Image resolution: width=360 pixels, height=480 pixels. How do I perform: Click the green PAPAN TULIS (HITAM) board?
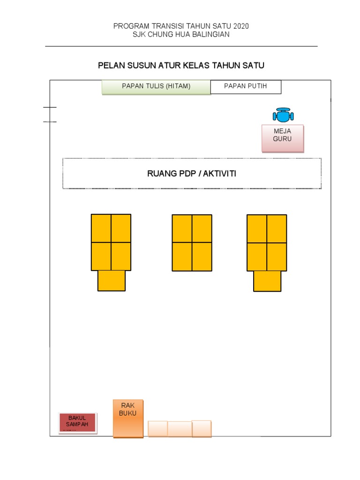coord(156,87)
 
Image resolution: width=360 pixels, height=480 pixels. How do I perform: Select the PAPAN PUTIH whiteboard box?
coord(246,87)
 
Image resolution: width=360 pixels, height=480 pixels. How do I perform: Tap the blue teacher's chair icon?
coord(283,115)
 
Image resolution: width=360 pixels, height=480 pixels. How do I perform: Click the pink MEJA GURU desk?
coord(283,138)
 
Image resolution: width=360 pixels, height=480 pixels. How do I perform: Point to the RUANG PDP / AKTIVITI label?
coord(192,174)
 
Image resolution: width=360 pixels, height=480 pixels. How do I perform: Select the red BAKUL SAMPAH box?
coord(78,423)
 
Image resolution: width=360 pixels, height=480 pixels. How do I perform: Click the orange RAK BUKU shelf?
coord(128,418)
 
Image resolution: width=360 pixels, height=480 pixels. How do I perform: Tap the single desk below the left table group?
coord(112,280)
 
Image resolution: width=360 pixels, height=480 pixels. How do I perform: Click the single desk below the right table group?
coord(267,281)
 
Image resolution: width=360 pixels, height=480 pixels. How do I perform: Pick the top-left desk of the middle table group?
coord(182,228)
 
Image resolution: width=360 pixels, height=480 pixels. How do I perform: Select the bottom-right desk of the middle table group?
coord(202,256)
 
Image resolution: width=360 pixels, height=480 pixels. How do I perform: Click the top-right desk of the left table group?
coord(121,228)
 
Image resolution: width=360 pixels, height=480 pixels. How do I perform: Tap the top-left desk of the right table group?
coord(257,229)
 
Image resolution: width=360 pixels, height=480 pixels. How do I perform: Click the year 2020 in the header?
coord(240,26)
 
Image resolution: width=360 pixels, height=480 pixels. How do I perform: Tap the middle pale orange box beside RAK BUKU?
coord(180,428)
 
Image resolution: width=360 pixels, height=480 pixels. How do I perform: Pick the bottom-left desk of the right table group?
coord(257,256)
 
